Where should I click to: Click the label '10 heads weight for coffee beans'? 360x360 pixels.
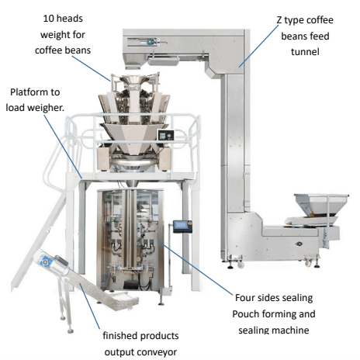pos(63,34)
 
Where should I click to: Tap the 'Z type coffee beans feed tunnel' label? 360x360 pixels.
pos(305,36)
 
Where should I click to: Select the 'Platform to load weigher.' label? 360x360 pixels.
pos(35,100)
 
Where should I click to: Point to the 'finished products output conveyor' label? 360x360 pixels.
pos(140,344)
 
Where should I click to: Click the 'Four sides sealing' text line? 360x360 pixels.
pos(274,298)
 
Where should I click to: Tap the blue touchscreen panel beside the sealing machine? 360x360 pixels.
pos(183,226)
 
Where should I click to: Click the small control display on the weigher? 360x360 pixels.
pos(166,135)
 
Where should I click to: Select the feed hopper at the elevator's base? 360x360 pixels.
pos(321,205)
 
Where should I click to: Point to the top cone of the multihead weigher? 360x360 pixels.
pos(134,81)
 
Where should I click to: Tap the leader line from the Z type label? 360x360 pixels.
pos(259,46)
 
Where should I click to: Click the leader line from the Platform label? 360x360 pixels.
pos(63,147)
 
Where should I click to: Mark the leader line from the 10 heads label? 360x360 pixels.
pos(91,68)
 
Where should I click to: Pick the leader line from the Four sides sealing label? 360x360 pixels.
pos(196,268)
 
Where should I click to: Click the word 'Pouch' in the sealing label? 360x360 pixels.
pos(246,314)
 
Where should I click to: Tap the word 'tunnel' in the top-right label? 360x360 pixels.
pos(305,52)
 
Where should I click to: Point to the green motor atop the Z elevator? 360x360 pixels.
pos(151,41)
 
